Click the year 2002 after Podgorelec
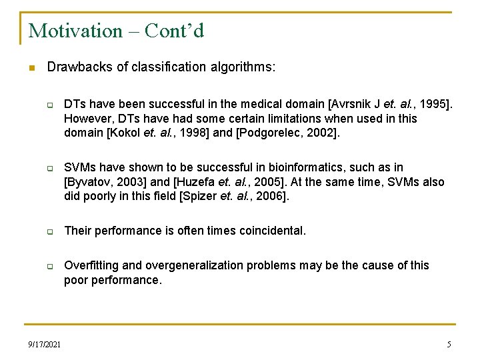point(324,133)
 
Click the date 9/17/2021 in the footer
point(45,345)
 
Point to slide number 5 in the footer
point(449,345)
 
